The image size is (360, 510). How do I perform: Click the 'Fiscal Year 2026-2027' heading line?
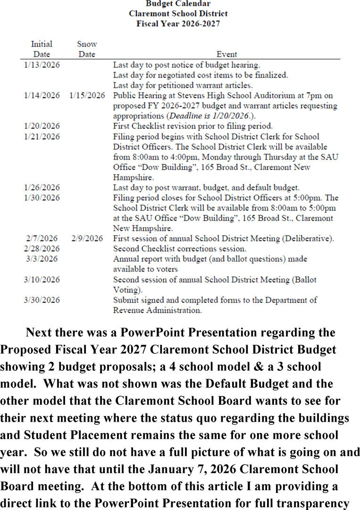coord(178,23)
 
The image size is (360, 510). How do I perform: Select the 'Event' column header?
coord(226,54)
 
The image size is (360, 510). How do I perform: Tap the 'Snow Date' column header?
coord(87,49)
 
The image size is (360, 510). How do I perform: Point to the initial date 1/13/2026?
coord(42,65)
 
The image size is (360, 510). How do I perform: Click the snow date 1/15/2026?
coord(87,95)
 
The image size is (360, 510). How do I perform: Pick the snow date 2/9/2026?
coord(87,238)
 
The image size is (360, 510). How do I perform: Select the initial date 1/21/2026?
coord(42,136)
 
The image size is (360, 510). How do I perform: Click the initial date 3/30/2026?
coord(42,300)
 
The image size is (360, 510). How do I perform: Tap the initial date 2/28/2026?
coord(42,248)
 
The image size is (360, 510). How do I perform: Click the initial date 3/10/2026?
coord(42,280)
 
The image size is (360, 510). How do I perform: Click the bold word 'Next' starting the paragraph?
coord(39,332)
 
